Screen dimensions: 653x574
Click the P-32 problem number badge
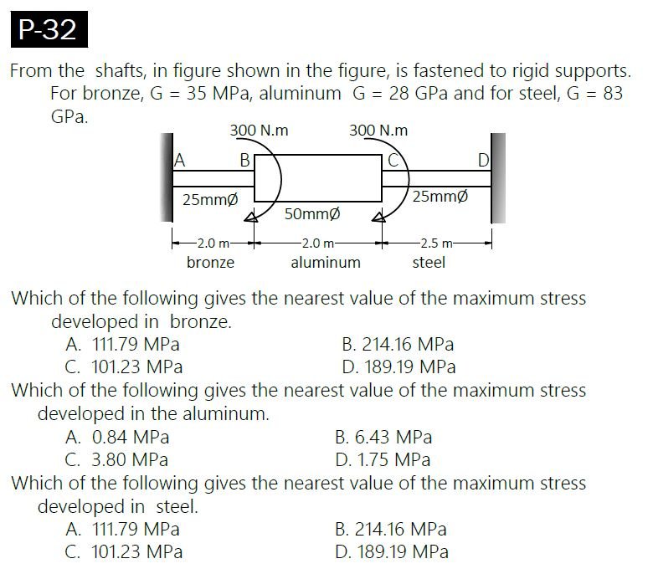point(49,29)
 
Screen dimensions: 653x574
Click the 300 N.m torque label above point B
point(259,131)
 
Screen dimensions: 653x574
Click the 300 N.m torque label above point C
point(378,131)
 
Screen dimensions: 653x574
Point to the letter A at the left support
point(179,160)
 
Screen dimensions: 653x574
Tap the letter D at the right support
point(483,160)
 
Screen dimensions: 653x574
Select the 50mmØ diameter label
point(312,214)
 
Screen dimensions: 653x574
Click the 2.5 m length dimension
point(436,243)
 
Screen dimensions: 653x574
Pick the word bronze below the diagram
point(210,263)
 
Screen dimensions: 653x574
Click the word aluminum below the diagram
point(326,263)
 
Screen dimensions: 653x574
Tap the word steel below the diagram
point(429,263)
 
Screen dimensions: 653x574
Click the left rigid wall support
point(167,177)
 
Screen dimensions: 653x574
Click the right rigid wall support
point(498,178)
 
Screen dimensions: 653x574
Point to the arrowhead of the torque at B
point(250,217)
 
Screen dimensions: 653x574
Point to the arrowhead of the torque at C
point(378,217)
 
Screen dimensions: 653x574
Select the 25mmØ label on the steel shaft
point(440,196)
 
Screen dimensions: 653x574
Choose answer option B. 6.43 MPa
point(383,437)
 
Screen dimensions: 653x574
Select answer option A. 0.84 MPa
point(117,437)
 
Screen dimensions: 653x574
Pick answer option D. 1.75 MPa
point(383,459)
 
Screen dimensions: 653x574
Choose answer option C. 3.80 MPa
point(116,459)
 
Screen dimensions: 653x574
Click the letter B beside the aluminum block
point(244,160)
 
